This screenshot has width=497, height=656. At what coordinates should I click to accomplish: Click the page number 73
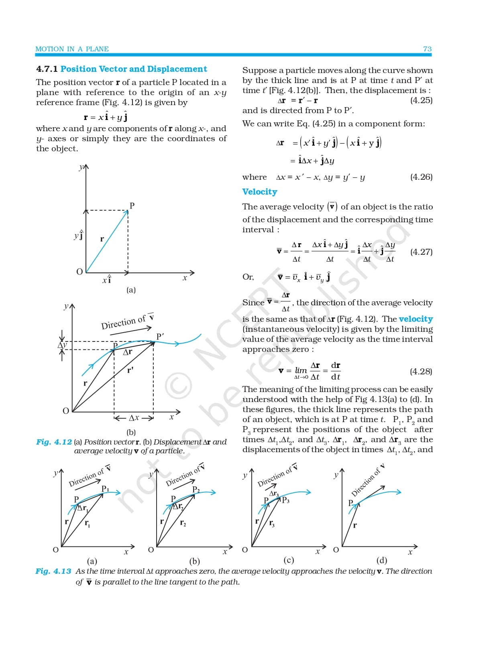[x=427, y=49]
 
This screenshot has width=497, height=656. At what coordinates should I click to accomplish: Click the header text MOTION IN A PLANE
[x=72, y=49]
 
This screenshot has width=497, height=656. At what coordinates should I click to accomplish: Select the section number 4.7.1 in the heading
[x=47, y=69]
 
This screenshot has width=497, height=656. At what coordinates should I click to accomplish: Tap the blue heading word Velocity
[x=259, y=192]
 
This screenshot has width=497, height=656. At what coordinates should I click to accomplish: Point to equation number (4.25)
[x=421, y=100]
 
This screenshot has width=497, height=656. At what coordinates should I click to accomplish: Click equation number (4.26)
[x=421, y=177]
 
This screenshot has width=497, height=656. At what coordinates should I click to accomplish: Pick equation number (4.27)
[x=421, y=252]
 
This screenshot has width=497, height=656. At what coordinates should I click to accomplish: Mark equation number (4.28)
[x=421, y=372]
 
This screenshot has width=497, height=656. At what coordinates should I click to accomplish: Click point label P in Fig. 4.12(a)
[x=132, y=206]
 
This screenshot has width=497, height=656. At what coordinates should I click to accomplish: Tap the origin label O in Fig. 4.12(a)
[x=79, y=272]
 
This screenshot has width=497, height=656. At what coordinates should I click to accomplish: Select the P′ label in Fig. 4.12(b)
[x=160, y=336]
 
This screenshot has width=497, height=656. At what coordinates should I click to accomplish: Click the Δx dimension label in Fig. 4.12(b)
[x=134, y=418]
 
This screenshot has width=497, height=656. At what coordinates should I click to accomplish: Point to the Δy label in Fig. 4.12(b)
[x=62, y=345]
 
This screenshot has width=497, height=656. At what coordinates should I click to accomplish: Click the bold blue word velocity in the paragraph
[x=416, y=319]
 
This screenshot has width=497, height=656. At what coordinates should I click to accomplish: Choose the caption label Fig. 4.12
[x=54, y=442]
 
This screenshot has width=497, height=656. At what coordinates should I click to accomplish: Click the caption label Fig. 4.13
[x=53, y=571]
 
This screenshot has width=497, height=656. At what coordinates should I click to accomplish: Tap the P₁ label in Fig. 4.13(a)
[x=105, y=489]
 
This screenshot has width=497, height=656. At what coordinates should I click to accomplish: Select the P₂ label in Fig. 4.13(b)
[x=196, y=489]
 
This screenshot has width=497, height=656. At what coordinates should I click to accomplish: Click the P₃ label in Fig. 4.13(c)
[x=285, y=500]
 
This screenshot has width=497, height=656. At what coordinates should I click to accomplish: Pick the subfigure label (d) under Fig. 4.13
[x=381, y=560]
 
